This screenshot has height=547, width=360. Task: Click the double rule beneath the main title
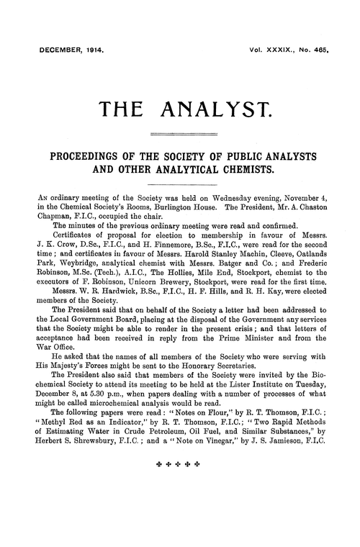(180, 134)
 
